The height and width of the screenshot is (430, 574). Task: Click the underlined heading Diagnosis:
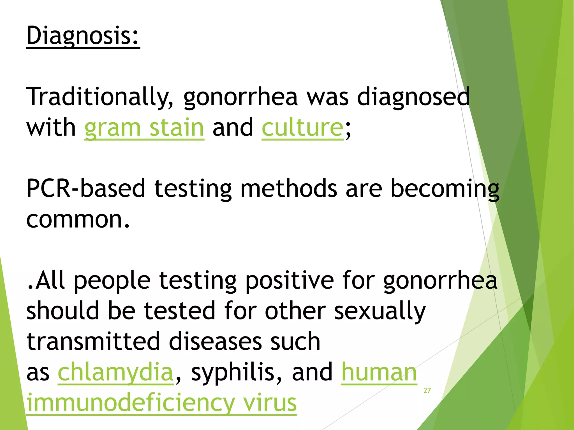pyautogui.click(x=83, y=36)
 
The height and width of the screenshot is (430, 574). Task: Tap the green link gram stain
pyautogui.click(x=144, y=128)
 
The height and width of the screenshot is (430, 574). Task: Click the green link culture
pyautogui.click(x=302, y=128)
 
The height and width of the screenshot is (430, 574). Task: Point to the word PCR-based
pyautogui.click(x=86, y=188)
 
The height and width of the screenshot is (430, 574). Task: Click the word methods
pyautogui.click(x=289, y=188)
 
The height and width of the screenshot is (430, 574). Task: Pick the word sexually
pyautogui.click(x=380, y=311)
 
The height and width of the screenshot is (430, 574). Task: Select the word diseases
pyautogui.click(x=216, y=341)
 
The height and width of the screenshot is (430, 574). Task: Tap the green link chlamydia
pyautogui.click(x=115, y=372)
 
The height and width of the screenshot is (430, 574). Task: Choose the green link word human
pyautogui.click(x=379, y=372)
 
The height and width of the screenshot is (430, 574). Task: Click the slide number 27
pyautogui.click(x=427, y=391)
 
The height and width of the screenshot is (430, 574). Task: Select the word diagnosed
pyautogui.click(x=413, y=97)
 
